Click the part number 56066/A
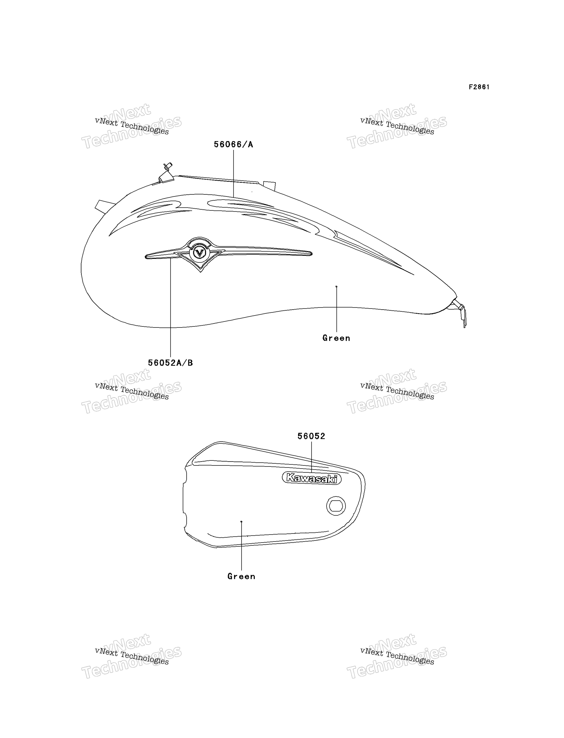[233, 144]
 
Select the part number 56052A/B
[171, 363]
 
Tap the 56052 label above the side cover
[311, 436]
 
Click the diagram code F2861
[479, 87]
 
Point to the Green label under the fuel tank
[336, 338]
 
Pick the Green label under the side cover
[241, 576]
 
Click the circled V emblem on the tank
[199, 252]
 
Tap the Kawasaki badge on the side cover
[312, 478]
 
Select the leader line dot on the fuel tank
[336, 286]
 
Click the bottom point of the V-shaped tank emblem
[201, 272]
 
